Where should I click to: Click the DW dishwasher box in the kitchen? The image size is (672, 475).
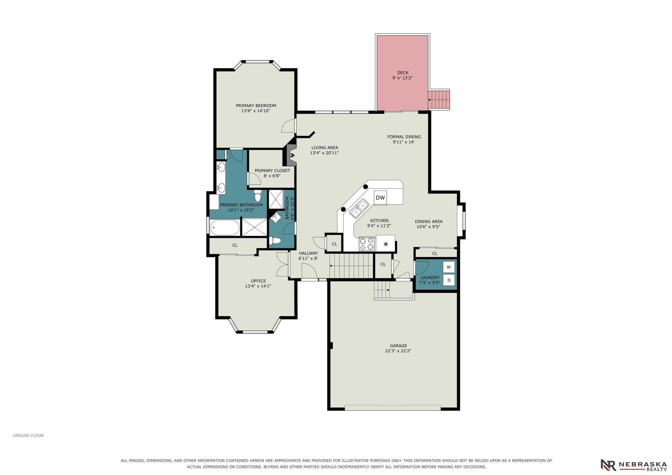click(x=380, y=197)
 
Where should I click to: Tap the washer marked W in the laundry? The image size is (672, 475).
click(x=449, y=267)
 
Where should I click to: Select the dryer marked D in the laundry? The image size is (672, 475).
click(x=449, y=280)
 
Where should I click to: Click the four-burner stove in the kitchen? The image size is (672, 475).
click(x=367, y=244)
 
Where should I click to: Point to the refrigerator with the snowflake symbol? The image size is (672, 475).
click(x=385, y=244)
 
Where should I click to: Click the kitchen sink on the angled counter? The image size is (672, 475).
click(x=359, y=209)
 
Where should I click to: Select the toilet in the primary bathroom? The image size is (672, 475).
click(x=258, y=195)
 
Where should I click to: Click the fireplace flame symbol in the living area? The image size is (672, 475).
click(x=292, y=155)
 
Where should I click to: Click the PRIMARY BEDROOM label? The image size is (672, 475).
click(x=256, y=105)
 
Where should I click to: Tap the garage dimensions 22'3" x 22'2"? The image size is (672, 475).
click(x=398, y=351)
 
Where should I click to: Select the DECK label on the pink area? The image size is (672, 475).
click(x=403, y=73)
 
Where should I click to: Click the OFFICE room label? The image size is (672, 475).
click(x=258, y=281)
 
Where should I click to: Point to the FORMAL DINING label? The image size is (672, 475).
click(x=404, y=136)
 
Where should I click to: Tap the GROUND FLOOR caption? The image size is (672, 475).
click(x=28, y=435)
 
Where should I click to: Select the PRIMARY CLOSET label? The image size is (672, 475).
click(x=272, y=170)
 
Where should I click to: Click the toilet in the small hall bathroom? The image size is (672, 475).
click(x=275, y=241)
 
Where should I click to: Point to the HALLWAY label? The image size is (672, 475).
click(x=308, y=253)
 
